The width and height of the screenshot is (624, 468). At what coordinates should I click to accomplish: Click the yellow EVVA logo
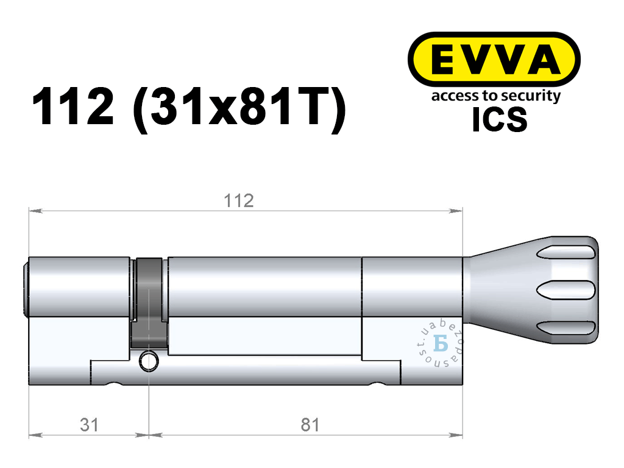pyautogui.click(x=494, y=60)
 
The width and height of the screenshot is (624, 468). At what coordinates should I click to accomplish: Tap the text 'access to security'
pyautogui.click(x=496, y=96)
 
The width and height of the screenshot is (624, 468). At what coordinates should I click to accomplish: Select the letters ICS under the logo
pyautogui.click(x=500, y=119)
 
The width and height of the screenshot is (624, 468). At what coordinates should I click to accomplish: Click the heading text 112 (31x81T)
pyautogui.click(x=189, y=107)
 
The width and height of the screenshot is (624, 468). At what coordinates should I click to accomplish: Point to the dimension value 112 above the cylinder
pyautogui.click(x=239, y=201)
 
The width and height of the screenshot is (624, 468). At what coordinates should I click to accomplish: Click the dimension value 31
pyautogui.click(x=89, y=425)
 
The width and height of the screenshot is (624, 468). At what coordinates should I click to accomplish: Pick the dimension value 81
pyautogui.click(x=310, y=425)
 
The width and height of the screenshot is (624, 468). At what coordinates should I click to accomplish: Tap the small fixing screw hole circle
pyautogui.click(x=149, y=361)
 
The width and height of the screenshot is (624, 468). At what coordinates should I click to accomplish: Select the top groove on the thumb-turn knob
pyautogui.click(x=566, y=253)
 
